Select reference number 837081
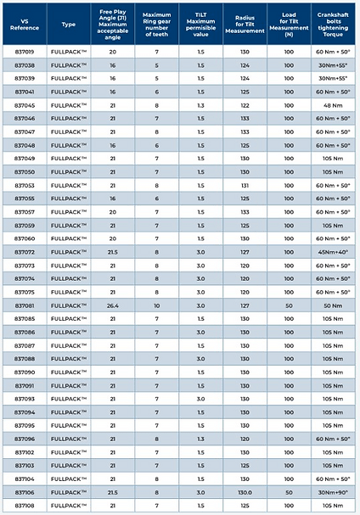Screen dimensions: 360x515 pyautogui.click(x=24, y=305)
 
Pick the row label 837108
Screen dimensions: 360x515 pyautogui.click(x=24, y=506)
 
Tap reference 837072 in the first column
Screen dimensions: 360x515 pyautogui.click(x=24, y=252)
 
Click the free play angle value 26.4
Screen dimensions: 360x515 pyautogui.click(x=112, y=305)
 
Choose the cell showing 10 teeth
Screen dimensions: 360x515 pyautogui.click(x=156, y=305)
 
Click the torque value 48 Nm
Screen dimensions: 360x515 pyautogui.click(x=333, y=104)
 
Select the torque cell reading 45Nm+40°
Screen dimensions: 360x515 pyautogui.click(x=333, y=252)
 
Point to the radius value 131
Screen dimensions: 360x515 pyautogui.click(x=245, y=185)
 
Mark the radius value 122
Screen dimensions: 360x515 pyautogui.click(x=245, y=104)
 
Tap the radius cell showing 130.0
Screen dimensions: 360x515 pyautogui.click(x=245, y=492)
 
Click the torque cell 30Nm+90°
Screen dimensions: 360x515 pyautogui.click(x=333, y=492)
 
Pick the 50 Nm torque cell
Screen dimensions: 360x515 pyautogui.click(x=333, y=305)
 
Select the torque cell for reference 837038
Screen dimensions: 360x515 pyautogui.click(x=333, y=64)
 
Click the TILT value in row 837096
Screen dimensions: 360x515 pyautogui.click(x=200, y=439)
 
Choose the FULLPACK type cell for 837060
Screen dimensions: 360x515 pyautogui.click(x=69, y=238)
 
